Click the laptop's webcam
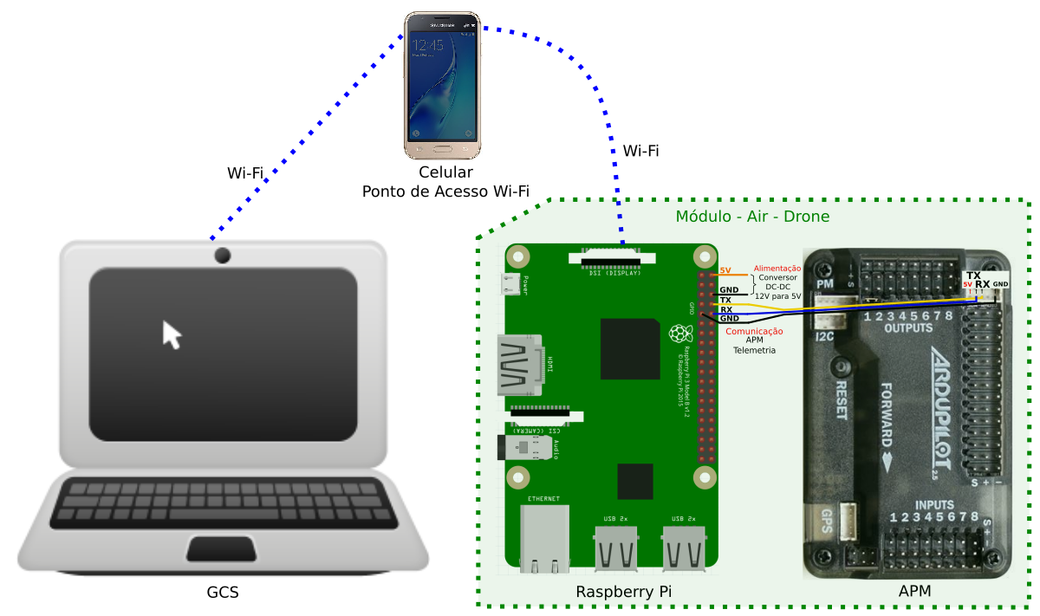[223, 255]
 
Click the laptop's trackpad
[223, 549]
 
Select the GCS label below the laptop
[223, 593]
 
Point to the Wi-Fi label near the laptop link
[245, 172]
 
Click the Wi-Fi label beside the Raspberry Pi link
[640, 151]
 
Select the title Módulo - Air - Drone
[752, 217]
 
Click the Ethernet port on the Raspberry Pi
[543, 539]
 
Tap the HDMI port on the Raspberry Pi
[518, 365]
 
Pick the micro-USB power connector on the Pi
[512, 284]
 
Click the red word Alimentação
[777, 269]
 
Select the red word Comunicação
[754, 331]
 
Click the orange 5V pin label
[726, 271]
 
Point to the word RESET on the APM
[840, 399]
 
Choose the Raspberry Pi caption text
[624, 592]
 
